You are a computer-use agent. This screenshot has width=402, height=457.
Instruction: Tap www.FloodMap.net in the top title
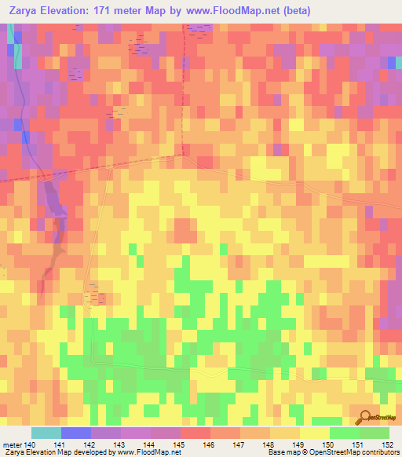click(233, 11)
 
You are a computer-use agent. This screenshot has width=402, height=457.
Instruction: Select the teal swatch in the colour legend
click(46, 433)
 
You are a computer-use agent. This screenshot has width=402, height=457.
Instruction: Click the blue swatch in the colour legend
click(76, 433)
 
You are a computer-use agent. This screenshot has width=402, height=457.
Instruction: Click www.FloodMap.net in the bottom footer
click(148, 452)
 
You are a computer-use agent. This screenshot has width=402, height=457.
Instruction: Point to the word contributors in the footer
click(380, 452)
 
